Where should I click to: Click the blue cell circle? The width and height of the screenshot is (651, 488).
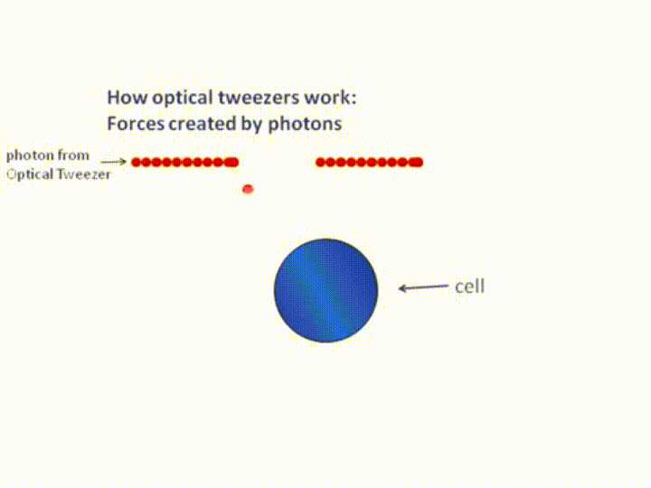coord(325,290)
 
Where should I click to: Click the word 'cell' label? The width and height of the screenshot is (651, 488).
coord(469,286)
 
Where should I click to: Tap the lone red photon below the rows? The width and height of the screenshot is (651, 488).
coord(248,189)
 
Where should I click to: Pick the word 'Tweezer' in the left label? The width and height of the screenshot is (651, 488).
coord(85,174)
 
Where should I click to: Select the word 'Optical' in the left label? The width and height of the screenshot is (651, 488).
coord(31,174)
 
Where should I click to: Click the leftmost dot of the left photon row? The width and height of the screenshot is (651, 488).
coord(137,163)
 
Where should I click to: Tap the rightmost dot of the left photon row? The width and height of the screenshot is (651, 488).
coord(233,163)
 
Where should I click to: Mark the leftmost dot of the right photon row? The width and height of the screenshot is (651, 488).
coord(320,163)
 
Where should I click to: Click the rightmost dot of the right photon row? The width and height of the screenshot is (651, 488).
coord(418,163)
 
